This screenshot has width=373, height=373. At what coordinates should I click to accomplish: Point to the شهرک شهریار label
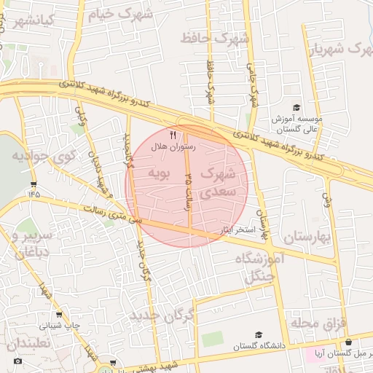click(339, 49)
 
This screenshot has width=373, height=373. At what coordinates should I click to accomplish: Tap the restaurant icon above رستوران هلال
click(173, 135)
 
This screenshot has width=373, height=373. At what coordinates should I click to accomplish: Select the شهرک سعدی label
click(217, 183)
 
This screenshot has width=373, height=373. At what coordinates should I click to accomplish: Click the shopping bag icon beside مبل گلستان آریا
click(348, 342)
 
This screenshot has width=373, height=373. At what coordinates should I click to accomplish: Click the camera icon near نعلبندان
click(17, 361)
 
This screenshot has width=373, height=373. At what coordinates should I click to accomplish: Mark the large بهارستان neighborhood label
click(306, 237)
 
